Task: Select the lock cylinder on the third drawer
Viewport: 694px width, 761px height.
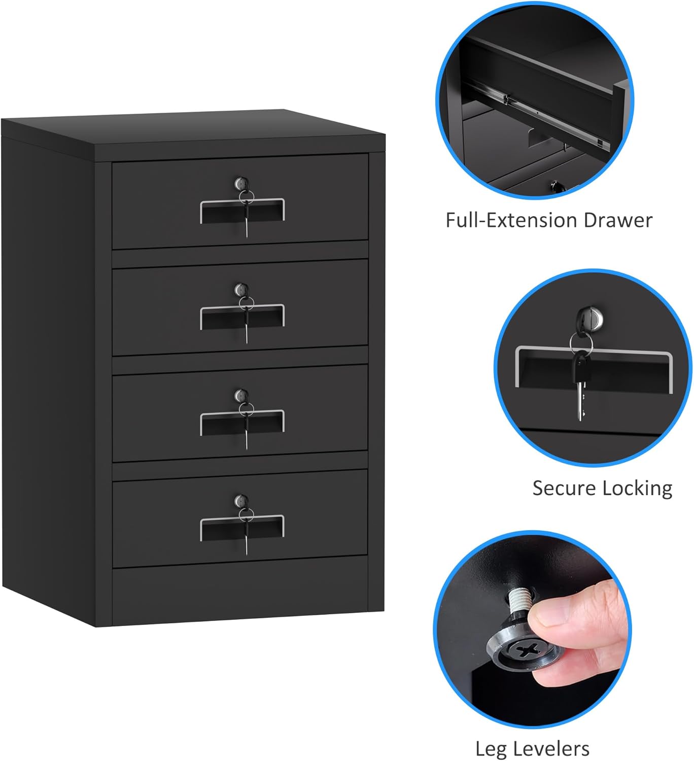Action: [x=241, y=395]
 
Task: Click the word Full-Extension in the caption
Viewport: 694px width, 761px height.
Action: [x=511, y=220]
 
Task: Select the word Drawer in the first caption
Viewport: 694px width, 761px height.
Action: [x=617, y=220]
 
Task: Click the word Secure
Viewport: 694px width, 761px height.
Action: [x=564, y=488]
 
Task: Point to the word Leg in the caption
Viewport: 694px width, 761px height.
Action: [x=491, y=749]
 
